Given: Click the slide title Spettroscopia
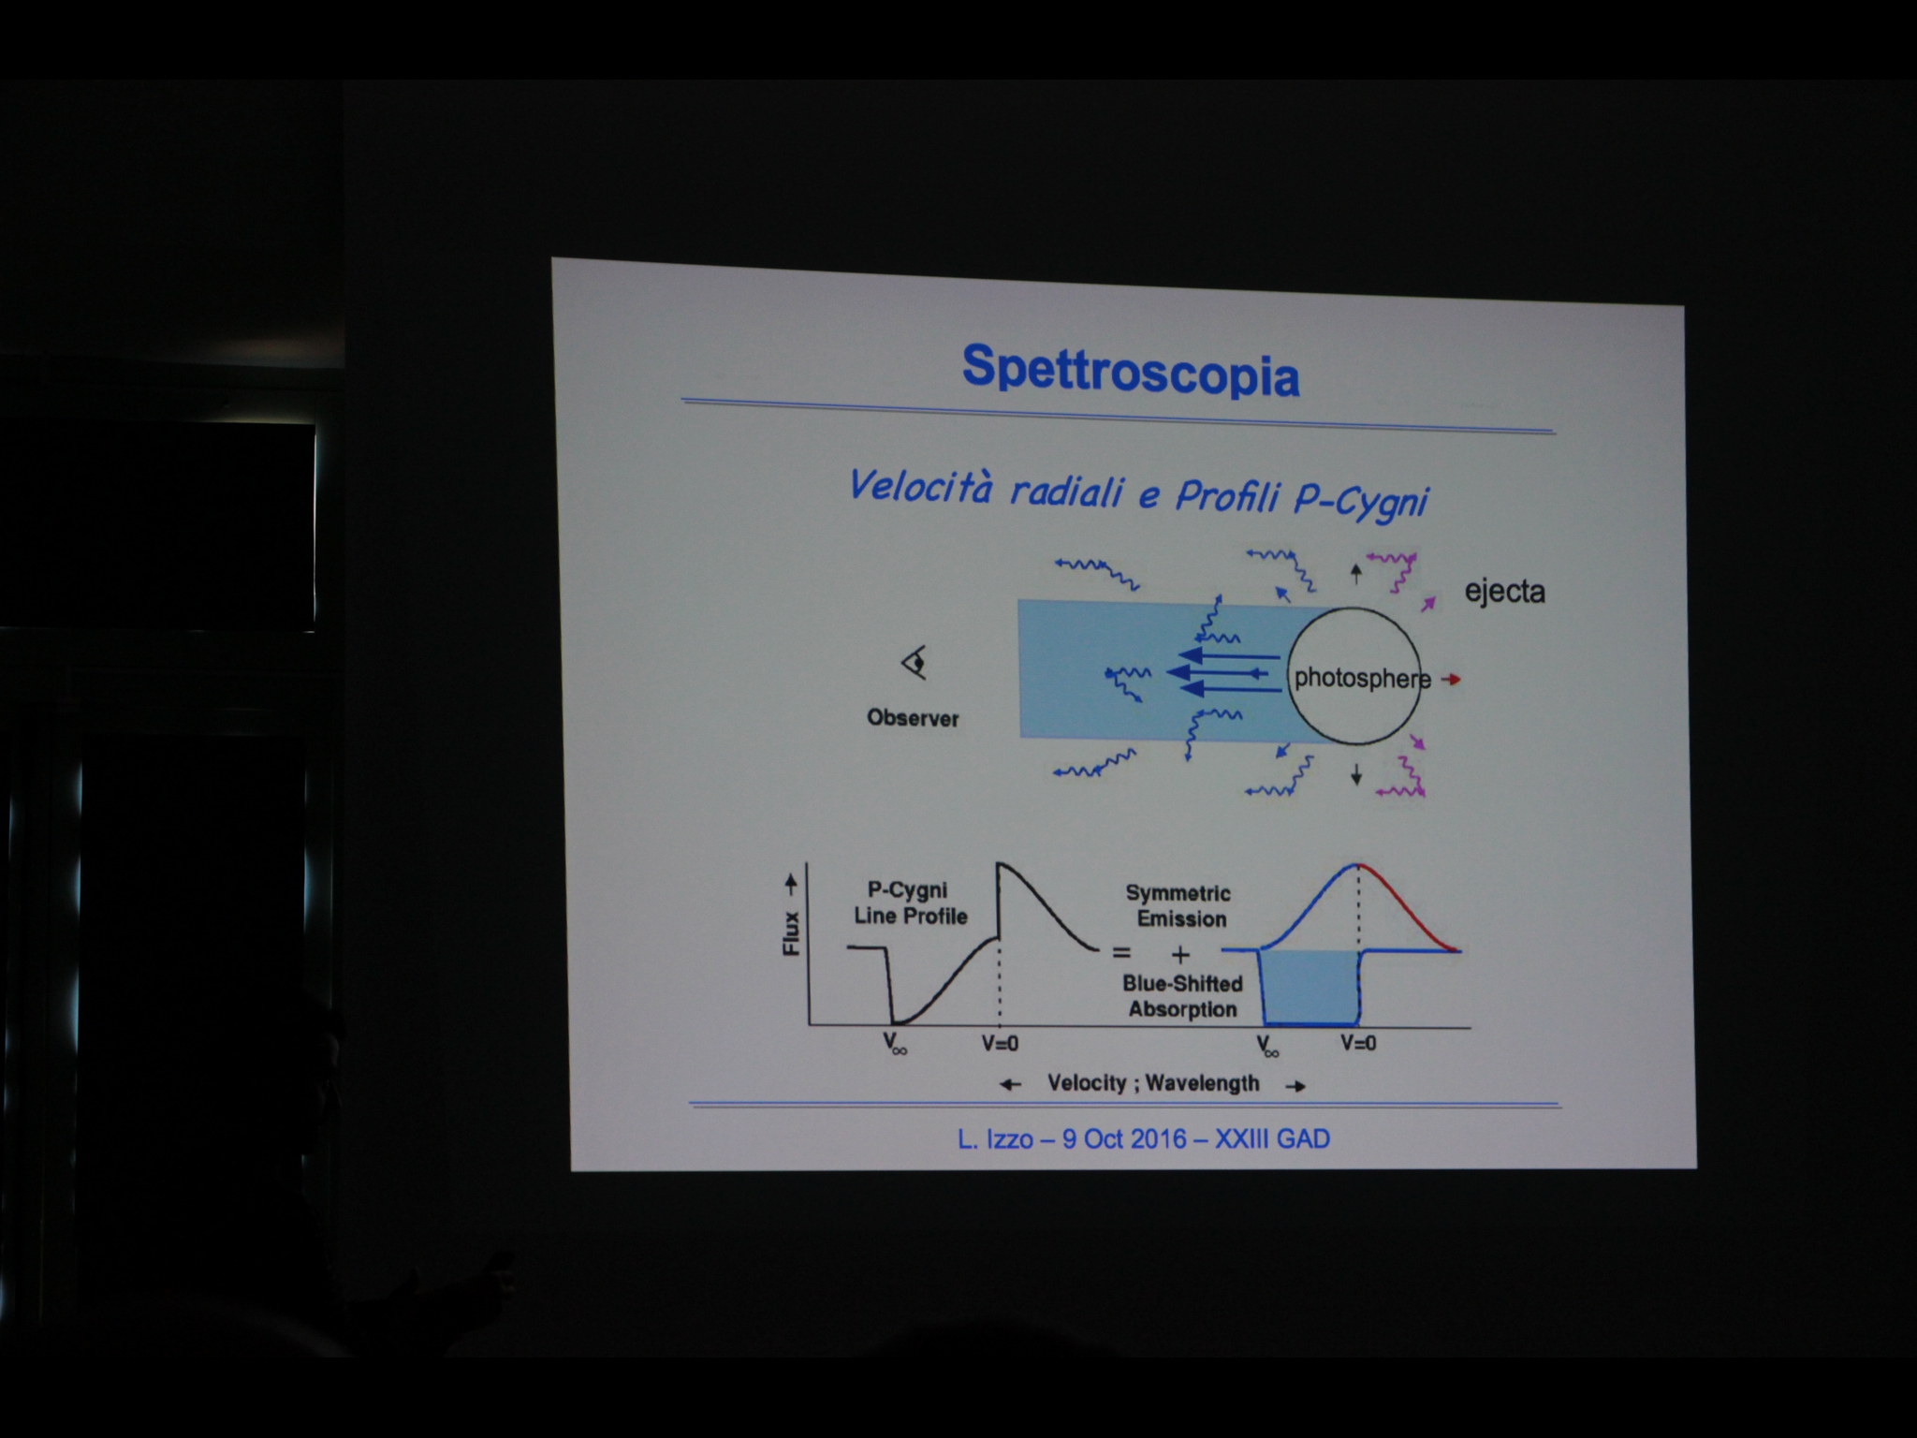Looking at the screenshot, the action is pyautogui.click(x=1131, y=372).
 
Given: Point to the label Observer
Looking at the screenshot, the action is pyautogui.click(x=913, y=718).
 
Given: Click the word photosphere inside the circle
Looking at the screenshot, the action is pyautogui.click(x=1362, y=678).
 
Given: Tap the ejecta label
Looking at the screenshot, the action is pyautogui.click(x=1504, y=592).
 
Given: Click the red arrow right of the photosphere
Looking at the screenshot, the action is pyautogui.click(x=1451, y=679).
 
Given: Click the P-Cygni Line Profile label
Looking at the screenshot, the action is pyautogui.click(x=909, y=902).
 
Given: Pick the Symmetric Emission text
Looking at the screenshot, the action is pyautogui.click(x=1179, y=905).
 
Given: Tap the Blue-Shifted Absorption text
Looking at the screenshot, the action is pyautogui.click(x=1182, y=996).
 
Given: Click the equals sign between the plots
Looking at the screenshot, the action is pyautogui.click(x=1120, y=954).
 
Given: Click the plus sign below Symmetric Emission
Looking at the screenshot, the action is pyautogui.click(x=1179, y=955).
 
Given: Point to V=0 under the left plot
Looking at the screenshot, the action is pyautogui.click(x=999, y=1043).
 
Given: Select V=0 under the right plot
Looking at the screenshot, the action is pyautogui.click(x=1358, y=1042).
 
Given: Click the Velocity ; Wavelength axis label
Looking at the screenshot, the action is pyautogui.click(x=1153, y=1083).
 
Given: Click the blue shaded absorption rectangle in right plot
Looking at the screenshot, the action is pyautogui.click(x=1310, y=988).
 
